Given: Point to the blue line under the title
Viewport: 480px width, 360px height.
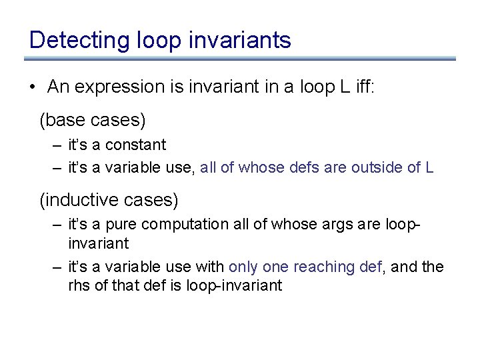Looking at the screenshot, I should [x=243, y=59].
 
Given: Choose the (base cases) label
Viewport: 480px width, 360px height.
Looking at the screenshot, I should [x=92, y=121].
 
